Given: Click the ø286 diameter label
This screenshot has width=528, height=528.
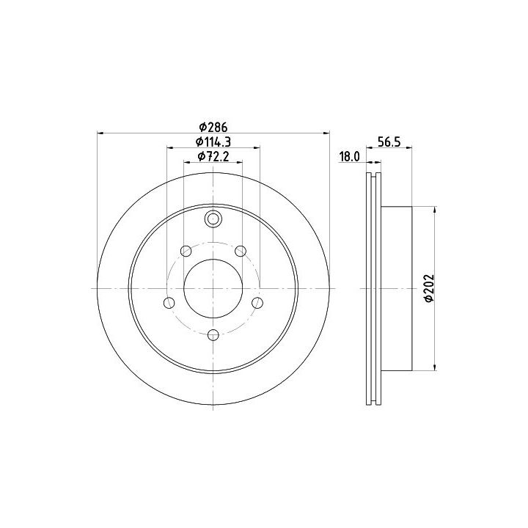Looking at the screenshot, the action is coord(213,128).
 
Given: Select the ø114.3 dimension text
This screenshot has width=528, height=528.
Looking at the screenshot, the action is coord(213,142).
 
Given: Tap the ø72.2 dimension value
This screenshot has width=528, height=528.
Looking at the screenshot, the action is coord(213,157).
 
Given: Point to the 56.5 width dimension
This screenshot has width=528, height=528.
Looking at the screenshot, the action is coord(389,142).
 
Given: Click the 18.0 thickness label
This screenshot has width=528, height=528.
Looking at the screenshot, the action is coord(350,157).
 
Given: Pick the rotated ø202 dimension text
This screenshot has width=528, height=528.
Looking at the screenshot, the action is coord(428,288).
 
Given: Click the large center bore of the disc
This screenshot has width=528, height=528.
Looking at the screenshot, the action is coord(213,288).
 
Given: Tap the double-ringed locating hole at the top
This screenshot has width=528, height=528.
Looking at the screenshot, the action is coord(213,219).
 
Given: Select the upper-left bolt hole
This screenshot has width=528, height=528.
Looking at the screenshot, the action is coord(186,251).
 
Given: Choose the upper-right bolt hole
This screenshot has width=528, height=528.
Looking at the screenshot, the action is coord(241,251).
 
